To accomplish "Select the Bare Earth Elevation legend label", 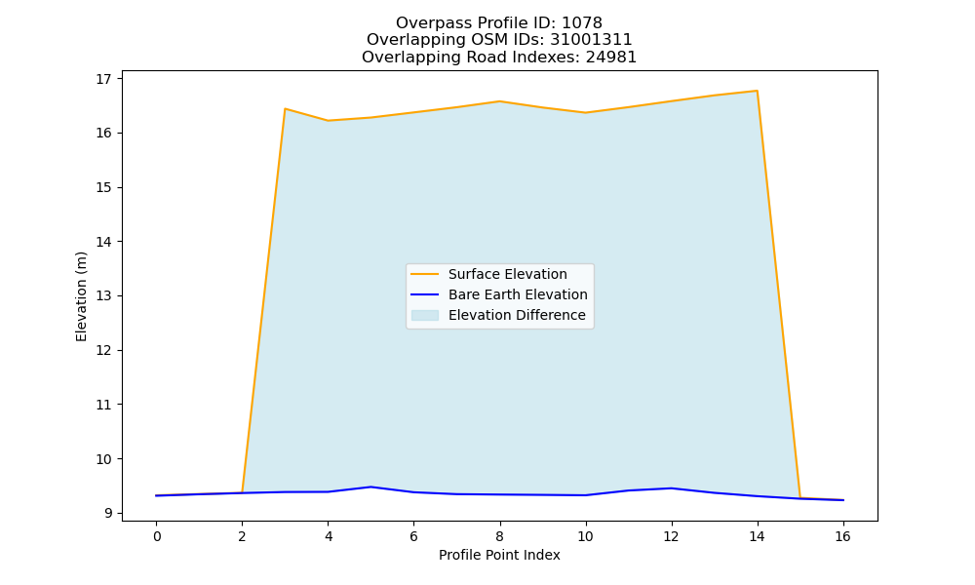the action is pyautogui.click(x=518, y=294).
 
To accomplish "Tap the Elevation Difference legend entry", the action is pyautogui.click(x=498, y=315).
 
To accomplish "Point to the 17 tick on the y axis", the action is pyautogui.click(x=103, y=79).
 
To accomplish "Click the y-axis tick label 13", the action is pyautogui.click(x=103, y=296).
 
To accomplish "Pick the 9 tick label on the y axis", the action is pyautogui.click(x=107, y=513).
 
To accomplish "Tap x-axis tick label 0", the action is pyautogui.click(x=157, y=536).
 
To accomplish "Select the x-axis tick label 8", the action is pyautogui.click(x=499, y=536).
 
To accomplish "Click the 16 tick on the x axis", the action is pyautogui.click(x=842, y=536).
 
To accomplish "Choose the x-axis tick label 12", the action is pyautogui.click(x=671, y=536).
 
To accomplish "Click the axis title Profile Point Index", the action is pyautogui.click(x=499, y=555).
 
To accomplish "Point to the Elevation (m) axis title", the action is pyautogui.click(x=81, y=296).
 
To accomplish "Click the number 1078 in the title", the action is pyautogui.click(x=582, y=23).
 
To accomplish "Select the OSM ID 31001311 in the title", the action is pyautogui.click(x=592, y=40).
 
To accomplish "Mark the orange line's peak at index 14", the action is pyautogui.click(x=757, y=91).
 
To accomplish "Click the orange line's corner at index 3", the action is pyautogui.click(x=285, y=109).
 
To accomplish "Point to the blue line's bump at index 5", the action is pyautogui.click(x=370, y=487).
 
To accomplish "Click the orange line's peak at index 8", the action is pyautogui.click(x=499, y=101).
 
